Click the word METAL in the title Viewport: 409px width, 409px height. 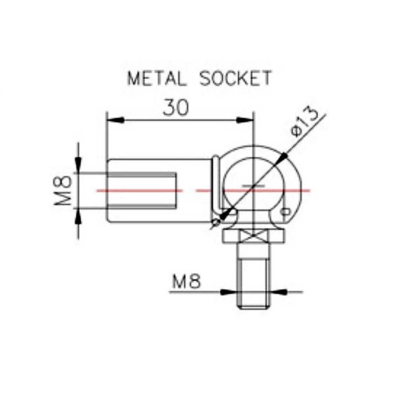[157, 78]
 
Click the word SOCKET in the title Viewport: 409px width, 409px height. [236, 78]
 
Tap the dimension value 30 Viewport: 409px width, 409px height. [176, 108]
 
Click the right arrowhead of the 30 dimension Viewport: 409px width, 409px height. [245, 120]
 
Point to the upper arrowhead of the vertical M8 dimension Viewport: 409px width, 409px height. [78, 165]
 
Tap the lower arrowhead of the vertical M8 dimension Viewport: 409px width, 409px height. [78, 217]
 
